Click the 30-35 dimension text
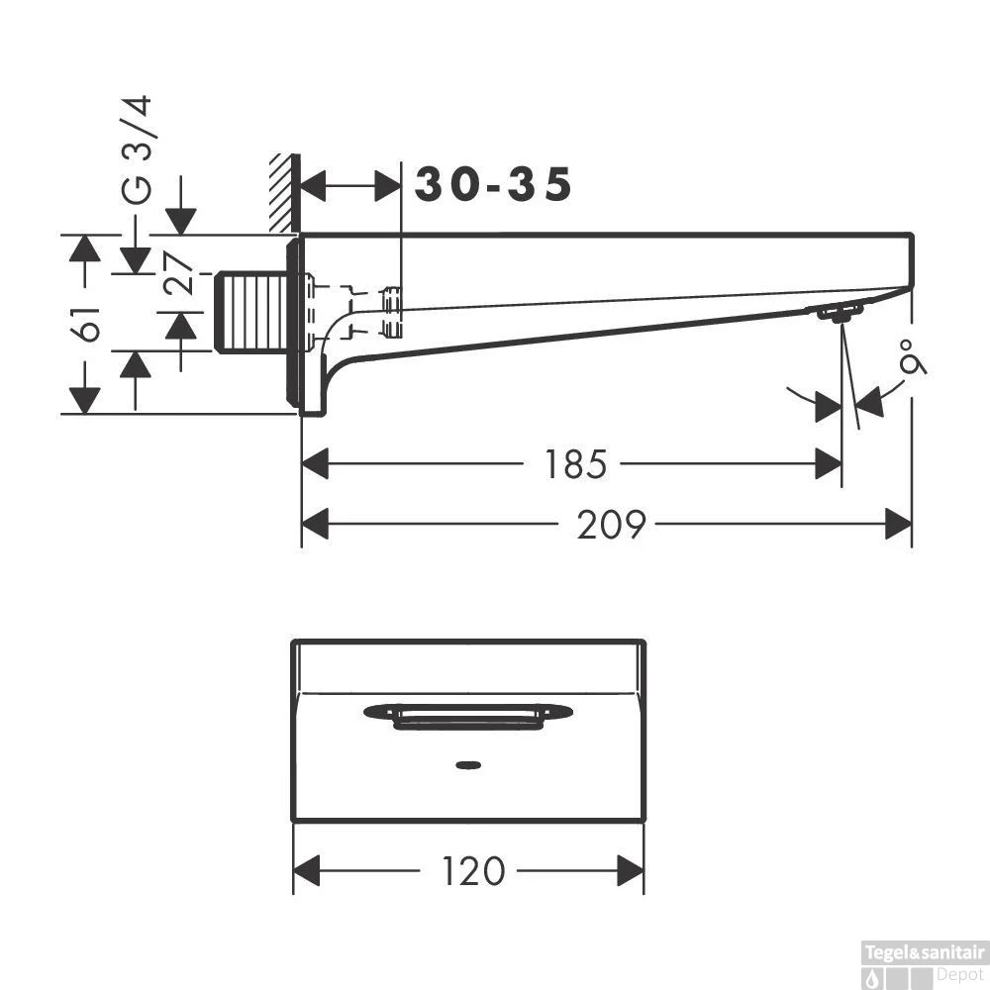tap(493, 184)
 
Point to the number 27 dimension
tap(178, 274)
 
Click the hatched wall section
tap(282, 194)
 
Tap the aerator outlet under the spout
tap(839, 314)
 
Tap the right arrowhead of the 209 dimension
tap(898, 524)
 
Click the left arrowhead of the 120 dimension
tap(307, 871)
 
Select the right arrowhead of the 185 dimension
tap(829, 462)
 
